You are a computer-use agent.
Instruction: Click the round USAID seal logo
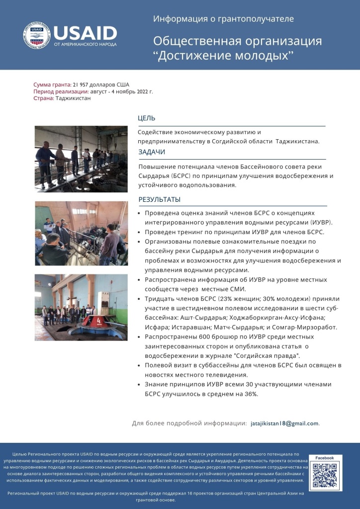coord(37,35)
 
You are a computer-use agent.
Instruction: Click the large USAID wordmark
coord(85,32)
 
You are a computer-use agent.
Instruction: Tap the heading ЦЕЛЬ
coord(147,118)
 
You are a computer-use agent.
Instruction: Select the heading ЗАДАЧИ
coord(152,152)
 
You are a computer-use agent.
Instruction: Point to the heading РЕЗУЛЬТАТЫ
coord(159,200)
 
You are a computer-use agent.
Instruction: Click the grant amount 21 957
coord(83,85)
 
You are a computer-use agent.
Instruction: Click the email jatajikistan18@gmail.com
coord(284,423)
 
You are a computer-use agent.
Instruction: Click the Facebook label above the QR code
coord(325,458)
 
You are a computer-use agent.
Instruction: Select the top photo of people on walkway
coord(81,159)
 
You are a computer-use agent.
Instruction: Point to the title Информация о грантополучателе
coord(223,19)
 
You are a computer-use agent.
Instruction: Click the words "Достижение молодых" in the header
coord(223,55)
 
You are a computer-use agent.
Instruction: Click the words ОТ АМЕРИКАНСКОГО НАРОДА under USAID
coord(85,44)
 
